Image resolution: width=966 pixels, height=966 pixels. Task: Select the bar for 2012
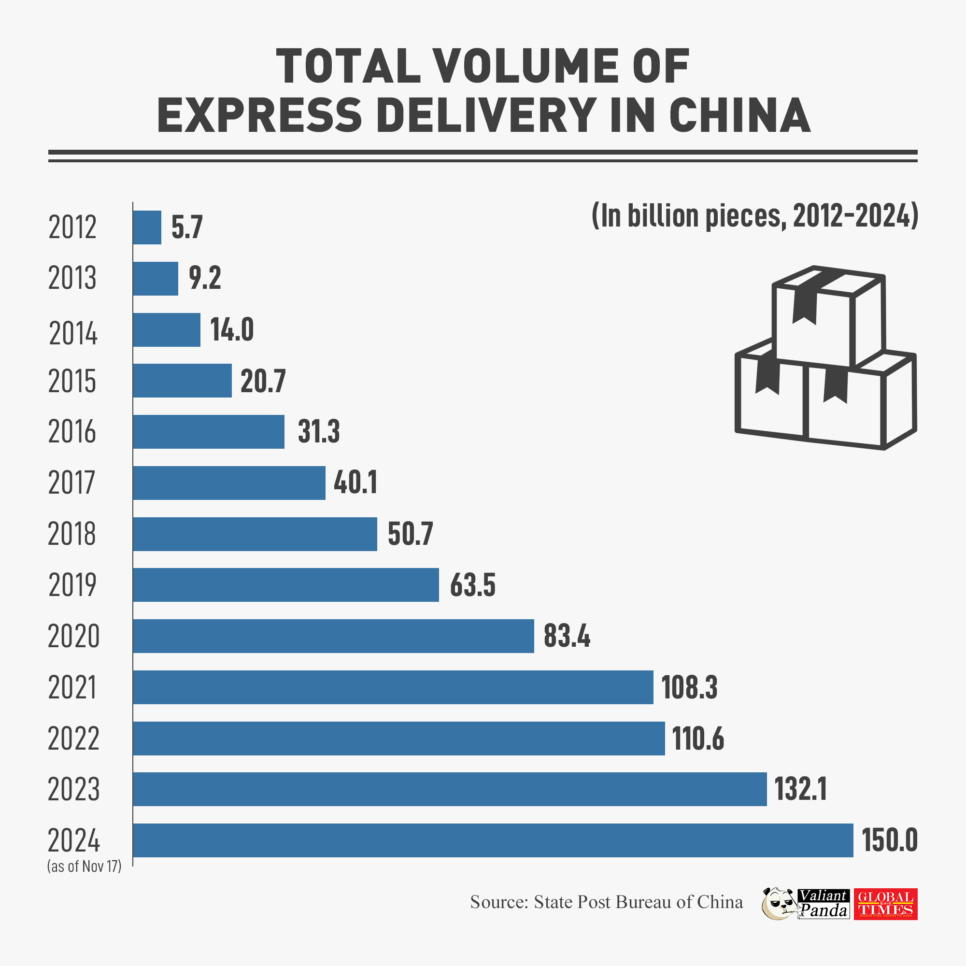click(147, 227)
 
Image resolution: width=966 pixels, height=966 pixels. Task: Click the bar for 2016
click(209, 431)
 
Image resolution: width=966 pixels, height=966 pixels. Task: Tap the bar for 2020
click(333, 636)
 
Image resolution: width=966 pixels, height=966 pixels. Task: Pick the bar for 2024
click(493, 840)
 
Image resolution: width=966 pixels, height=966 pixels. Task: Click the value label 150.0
click(890, 840)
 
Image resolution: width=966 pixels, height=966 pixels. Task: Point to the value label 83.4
click(567, 637)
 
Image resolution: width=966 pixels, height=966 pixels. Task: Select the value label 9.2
click(205, 279)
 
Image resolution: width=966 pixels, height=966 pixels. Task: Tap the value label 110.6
click(698, 739)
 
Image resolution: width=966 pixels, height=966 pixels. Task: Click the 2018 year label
click(72, 534)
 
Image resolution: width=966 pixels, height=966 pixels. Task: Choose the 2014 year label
click(73, 333)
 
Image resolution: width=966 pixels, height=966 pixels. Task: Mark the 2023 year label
click(74, 790)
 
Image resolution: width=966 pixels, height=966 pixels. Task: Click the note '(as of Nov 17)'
click(85, 867)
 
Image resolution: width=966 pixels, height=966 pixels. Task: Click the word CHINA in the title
click(739, 115)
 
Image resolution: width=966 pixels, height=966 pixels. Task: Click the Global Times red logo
click(885, 904)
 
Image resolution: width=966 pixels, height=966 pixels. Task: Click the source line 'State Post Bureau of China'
click(606, 902)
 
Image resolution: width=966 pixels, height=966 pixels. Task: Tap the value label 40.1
click(355, 483)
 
